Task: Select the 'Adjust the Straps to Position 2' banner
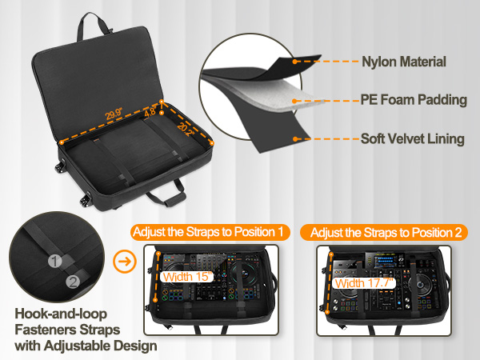click(x=386, y=232)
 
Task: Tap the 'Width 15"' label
click(x=187, y=277)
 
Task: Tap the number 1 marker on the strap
click(x=54, y=261)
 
